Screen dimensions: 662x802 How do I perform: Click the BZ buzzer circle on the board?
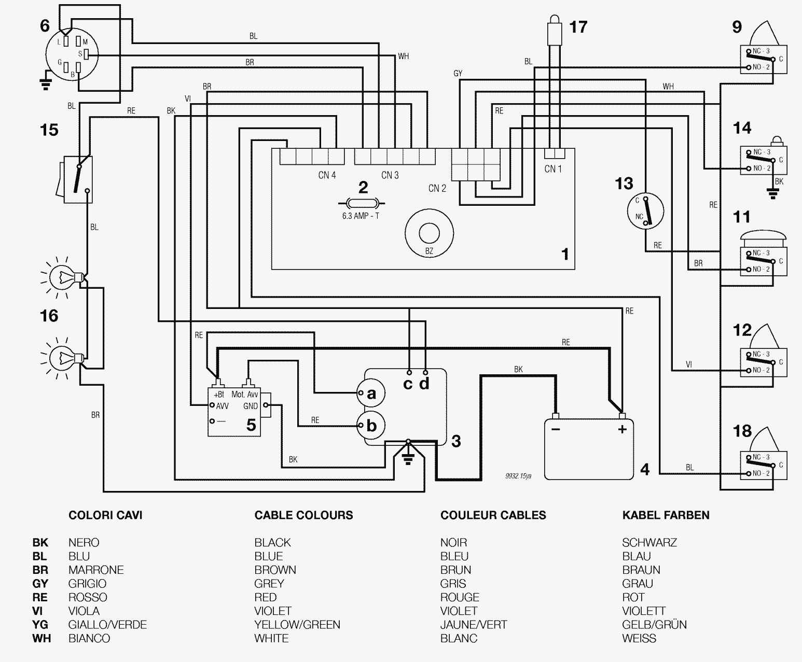point(429,233)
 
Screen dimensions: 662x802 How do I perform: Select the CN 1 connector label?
point(553,169)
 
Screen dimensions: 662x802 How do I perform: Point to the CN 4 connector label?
point(327,175)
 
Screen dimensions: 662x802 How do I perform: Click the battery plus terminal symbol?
point(622,429)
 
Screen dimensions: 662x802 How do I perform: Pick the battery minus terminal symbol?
point(556,429)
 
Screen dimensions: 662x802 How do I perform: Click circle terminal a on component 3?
point(370,393)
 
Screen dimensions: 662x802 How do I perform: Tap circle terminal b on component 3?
point(370,426)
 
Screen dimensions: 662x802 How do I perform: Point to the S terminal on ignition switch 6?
point(87,53)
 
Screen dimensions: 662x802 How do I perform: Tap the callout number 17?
point(578,26)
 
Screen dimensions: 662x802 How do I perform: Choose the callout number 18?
point(742,431)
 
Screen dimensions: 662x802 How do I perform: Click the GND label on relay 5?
point(251,406)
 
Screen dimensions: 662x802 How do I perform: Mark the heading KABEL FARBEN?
point(666,515)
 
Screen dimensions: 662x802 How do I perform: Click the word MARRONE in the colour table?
point(96,570)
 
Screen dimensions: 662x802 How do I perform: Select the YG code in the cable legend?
point(40,625)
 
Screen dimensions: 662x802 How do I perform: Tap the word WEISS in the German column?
point(639,638)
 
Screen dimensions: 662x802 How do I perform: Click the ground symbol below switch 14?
point(774,194)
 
